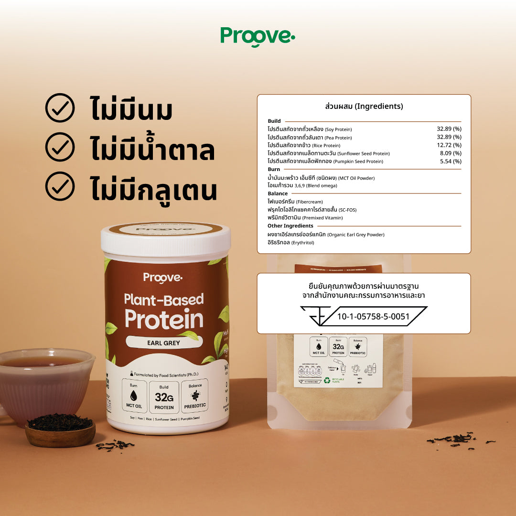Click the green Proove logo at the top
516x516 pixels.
point(258,36)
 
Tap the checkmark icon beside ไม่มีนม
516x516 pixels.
point(60,108)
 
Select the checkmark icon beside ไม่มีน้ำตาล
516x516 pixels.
point(60,147)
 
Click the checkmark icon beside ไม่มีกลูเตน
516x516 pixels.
point(60,186)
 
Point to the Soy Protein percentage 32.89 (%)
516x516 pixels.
point(449,129)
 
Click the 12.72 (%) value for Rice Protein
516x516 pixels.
point(449,145)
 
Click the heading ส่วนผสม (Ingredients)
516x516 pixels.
point(364,106)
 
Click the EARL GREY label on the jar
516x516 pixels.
point(164,342)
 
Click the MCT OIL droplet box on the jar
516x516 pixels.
point(133,396)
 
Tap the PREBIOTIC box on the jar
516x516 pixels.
point(195,396)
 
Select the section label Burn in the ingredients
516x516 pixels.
point(274,169)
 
